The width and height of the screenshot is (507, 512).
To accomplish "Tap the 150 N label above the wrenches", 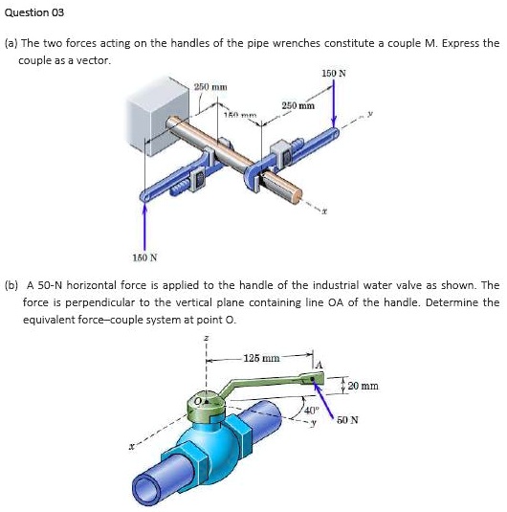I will [x=333, y=74].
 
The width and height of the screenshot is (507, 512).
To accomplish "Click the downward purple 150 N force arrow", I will [x=334, y=105].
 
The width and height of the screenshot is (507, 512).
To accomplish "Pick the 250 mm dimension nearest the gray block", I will [x=209, y=87].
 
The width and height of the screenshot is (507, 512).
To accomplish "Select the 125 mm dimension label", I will [x=261, y=358].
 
